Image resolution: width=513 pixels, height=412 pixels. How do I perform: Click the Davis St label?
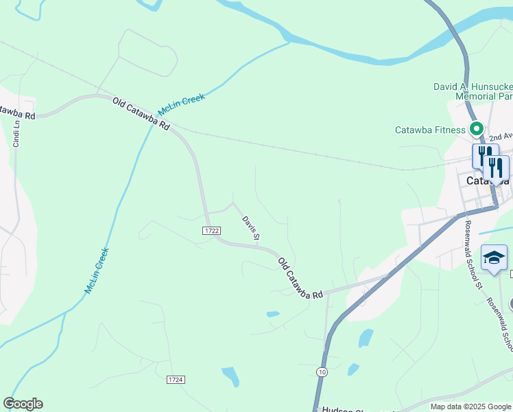click(x=250, y=228)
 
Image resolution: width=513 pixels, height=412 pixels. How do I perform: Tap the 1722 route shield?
click(x=211, y=231)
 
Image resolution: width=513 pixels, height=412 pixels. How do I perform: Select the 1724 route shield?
click(x=176, y=379)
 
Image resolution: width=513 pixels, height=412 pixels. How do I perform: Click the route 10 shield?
click(x=322, y=371)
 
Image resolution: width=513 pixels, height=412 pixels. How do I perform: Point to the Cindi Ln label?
click(x=15, y=133)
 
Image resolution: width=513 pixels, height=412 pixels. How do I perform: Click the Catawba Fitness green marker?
click(x=476, y=129)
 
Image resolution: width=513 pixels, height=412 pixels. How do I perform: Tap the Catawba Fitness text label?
click(x=430, y=129)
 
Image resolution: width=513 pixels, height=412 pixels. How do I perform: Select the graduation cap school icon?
click(x=494, y=258)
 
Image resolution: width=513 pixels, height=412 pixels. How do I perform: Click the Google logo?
click(x=23, y=404)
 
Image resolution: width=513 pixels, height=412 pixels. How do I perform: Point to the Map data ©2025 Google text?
click(x=470, y=407)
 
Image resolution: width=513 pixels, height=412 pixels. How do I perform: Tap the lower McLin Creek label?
click(x=97, y=271)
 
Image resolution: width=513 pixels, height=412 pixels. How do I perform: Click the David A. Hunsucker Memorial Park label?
click(x=473, y=92)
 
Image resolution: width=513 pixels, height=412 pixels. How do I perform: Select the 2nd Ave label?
click(x=501, y=137)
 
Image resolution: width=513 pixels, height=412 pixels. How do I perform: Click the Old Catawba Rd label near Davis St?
click(x=300, y=277)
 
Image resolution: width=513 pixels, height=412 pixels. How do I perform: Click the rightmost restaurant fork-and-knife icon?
click(x=494, y=168)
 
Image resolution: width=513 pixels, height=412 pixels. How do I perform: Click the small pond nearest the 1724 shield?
click(x=231, y=376)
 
